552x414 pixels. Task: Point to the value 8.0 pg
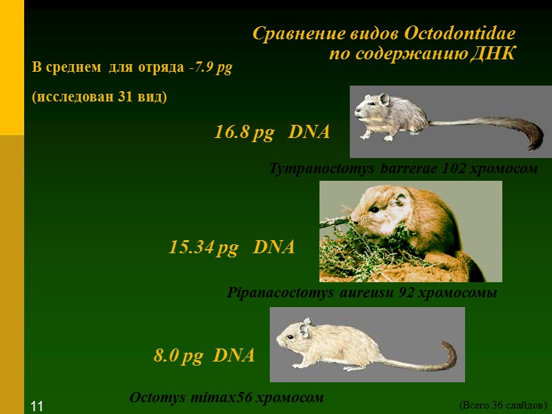coord(178,356)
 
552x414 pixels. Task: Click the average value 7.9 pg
coord(213,68)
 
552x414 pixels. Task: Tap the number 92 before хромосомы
coord(406,293)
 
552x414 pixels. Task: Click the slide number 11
coord(37,406)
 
